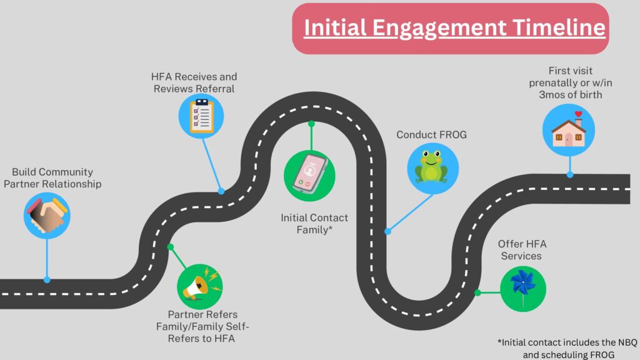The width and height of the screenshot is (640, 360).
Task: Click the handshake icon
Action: (47, 216)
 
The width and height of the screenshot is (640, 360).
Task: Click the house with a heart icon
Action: (568, 130)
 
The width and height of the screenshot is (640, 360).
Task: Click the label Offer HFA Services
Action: (519, 249)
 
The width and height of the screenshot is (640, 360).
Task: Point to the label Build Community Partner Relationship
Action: (57, 177)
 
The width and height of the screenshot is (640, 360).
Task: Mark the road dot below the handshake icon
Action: (47, 279)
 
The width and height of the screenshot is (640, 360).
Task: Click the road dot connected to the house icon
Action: (569, 176)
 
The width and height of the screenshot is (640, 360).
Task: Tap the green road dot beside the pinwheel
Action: (477, 292)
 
